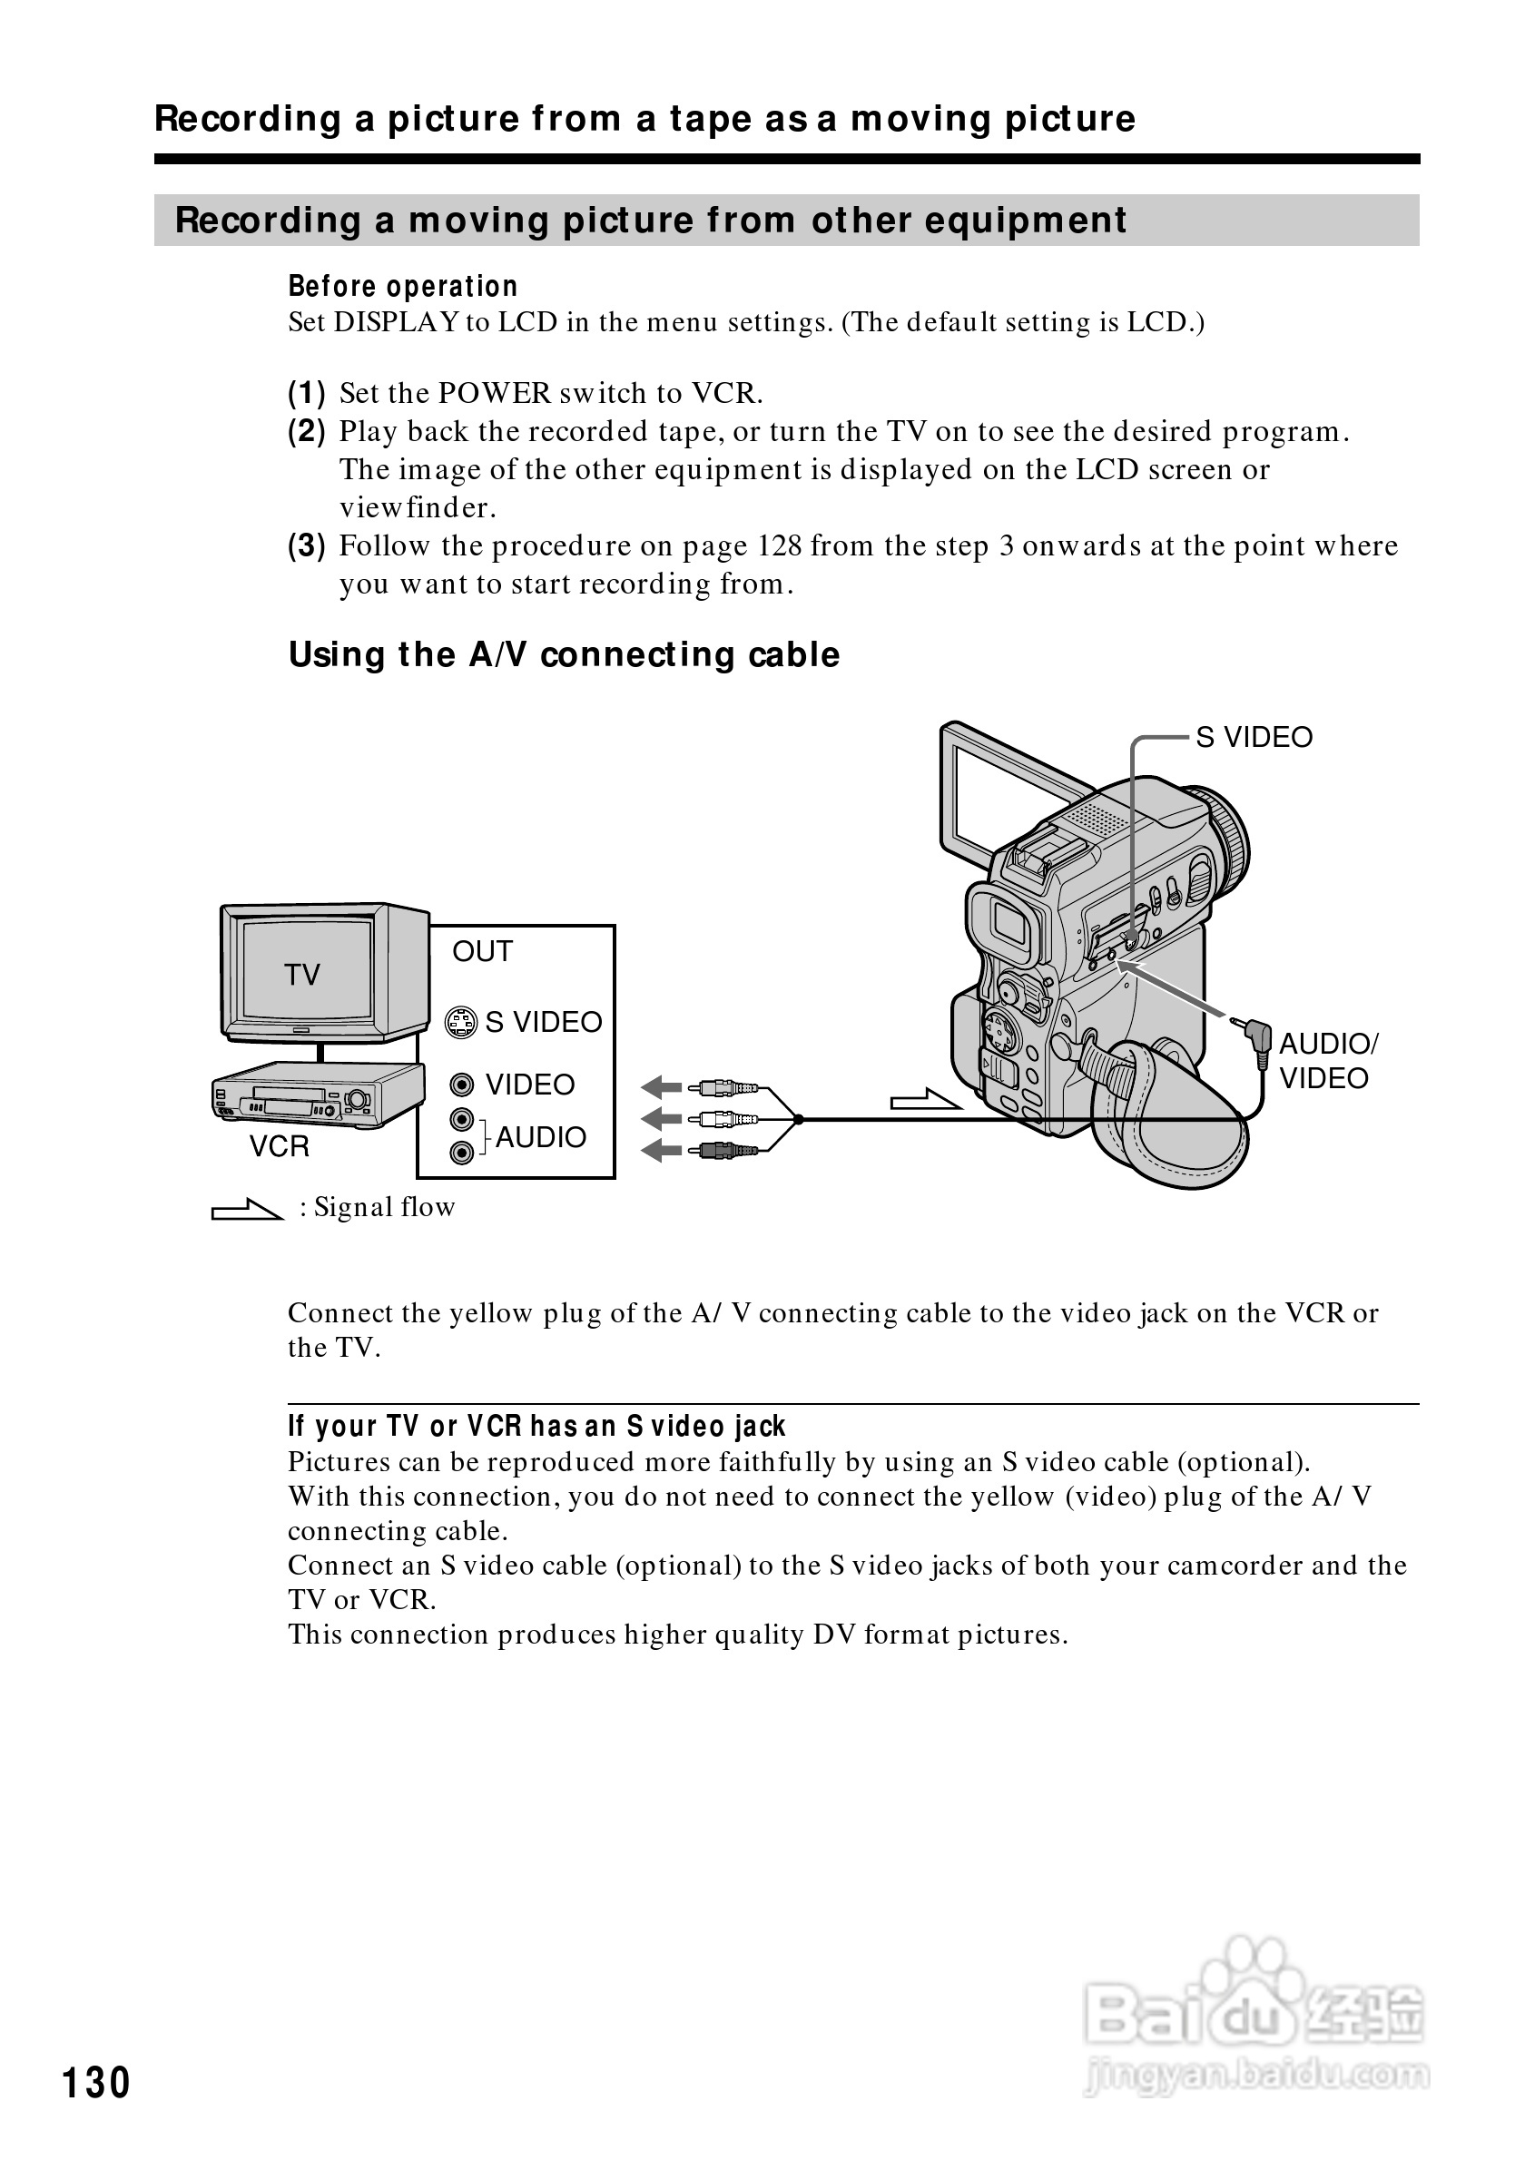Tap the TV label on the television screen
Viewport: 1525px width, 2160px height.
point(302,975)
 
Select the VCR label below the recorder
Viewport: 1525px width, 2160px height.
point(280,1146)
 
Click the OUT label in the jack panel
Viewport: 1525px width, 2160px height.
point(483,951)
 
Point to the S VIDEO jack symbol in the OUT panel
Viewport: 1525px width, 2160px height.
point(460,1023)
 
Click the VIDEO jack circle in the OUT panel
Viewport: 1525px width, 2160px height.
point(461,1085)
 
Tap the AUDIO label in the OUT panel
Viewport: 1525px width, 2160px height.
point(541,1137)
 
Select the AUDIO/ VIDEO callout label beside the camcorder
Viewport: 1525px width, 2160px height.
point(1327,1060)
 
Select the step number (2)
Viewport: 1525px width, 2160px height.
point(307,432)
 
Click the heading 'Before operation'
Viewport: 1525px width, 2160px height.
point(403,286)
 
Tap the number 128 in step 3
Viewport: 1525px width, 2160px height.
point(778,545)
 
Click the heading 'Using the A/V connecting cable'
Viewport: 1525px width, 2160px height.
point(564,654)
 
